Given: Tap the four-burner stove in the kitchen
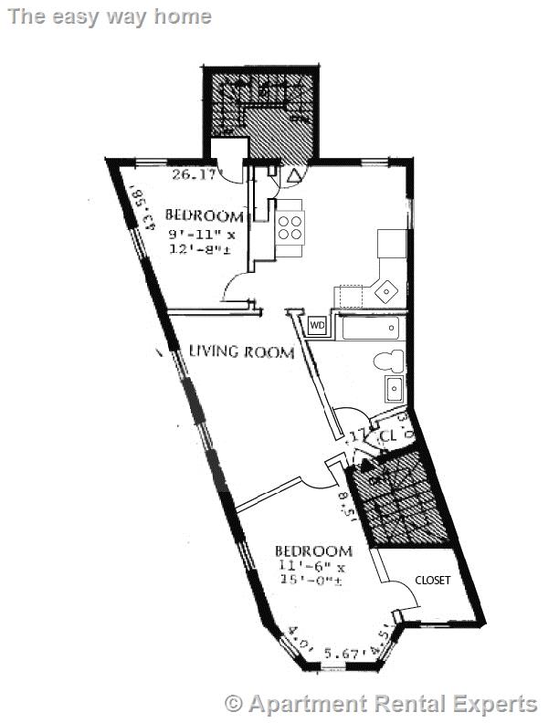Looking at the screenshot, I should click(290, 225).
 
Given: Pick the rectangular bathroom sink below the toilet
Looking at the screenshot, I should click(396, 389).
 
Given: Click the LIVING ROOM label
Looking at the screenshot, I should click(241, 351).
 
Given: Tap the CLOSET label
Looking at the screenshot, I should click(433, 580).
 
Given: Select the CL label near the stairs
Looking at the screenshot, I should click(387, 436).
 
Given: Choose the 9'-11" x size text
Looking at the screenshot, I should click(202, 234).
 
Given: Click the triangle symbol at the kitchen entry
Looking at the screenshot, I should click(294, 174).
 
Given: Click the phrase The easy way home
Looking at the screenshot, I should click(108, 16).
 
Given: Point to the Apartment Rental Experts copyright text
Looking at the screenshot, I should click(382, 704).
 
